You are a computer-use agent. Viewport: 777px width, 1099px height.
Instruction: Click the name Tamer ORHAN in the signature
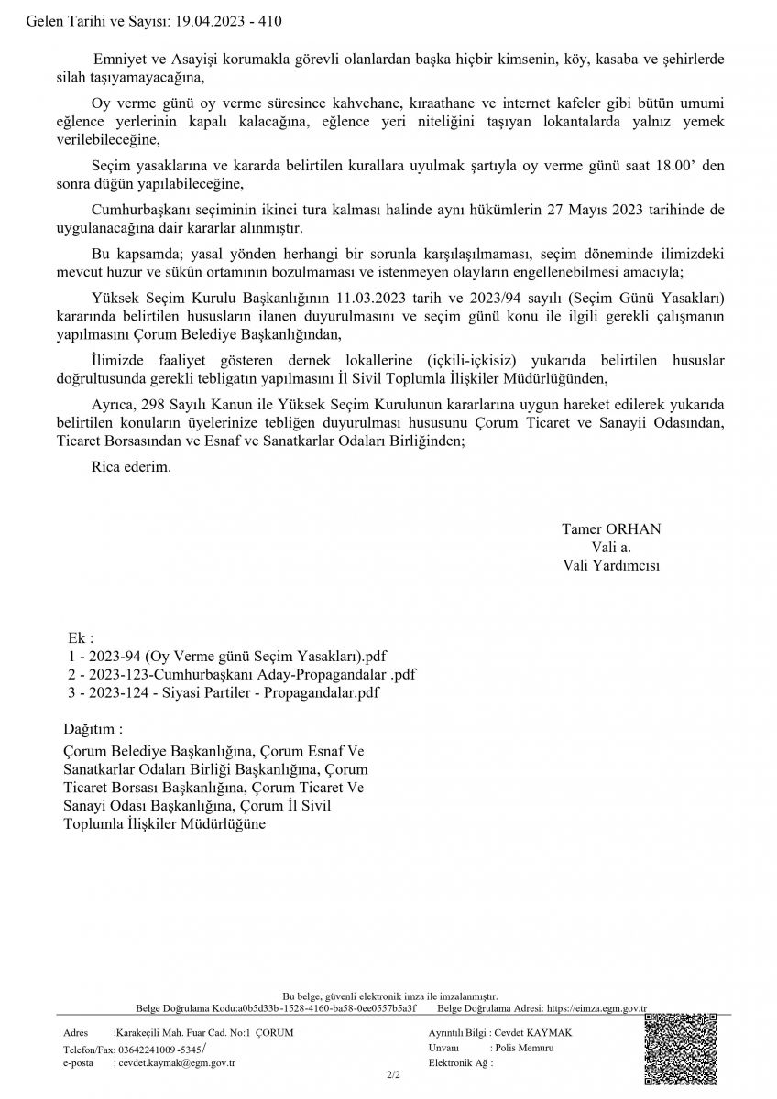[x=611, y=529]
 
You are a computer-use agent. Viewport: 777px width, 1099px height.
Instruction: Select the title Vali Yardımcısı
[x=611, y=566]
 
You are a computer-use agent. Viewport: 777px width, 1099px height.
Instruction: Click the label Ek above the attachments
[x=81, y=638]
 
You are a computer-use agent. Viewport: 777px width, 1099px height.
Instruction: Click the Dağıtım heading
[x=92, y=730]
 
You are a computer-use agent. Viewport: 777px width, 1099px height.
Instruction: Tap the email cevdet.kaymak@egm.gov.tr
[x=176, y=1063]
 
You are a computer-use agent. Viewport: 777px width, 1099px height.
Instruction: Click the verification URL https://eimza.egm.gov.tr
[x=596, y=1008]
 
